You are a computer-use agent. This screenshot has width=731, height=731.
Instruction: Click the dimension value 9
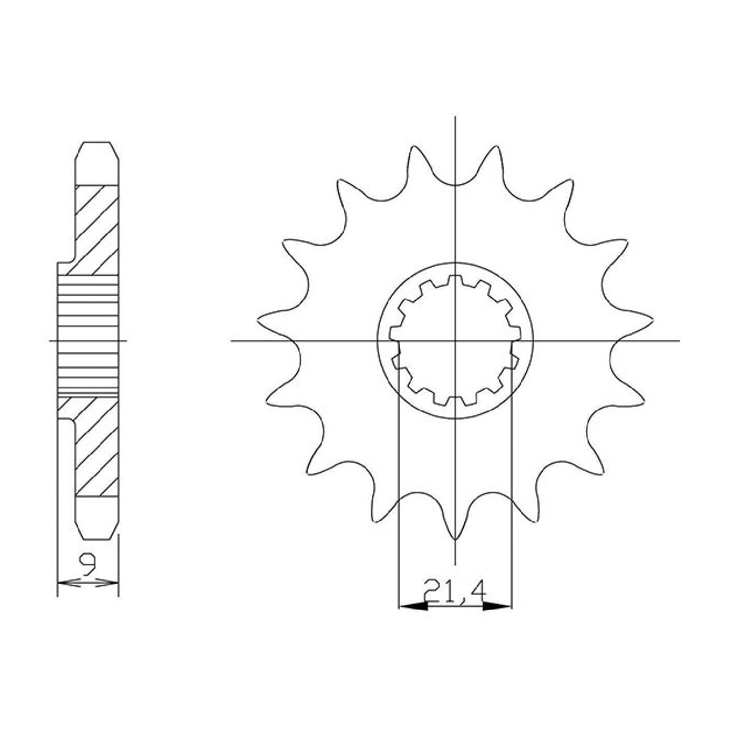(88, 569)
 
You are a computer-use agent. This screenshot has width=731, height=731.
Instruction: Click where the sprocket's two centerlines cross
(455, 341)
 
